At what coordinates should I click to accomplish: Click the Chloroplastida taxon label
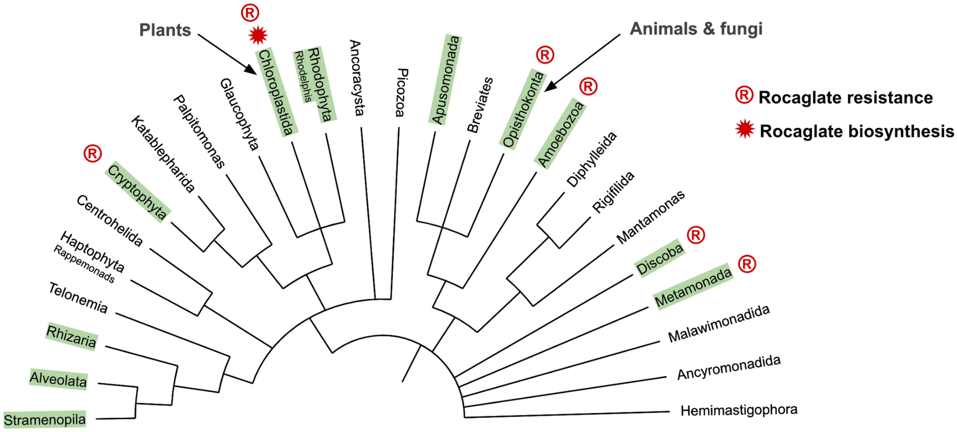(276, 92)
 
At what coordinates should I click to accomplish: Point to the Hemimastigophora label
(738, 410)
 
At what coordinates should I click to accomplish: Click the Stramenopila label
(45, 420)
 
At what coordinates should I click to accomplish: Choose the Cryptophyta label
(137, 192)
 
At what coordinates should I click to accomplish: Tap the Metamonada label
(693, 286)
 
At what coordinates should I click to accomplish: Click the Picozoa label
(401, 92)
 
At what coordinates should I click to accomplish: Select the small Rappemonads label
(84, 264)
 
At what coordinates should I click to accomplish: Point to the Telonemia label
(78, 298)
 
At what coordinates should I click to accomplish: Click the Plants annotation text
(165, 30)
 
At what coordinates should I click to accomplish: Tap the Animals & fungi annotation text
(696, 29)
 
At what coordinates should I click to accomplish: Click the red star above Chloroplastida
(258, 36)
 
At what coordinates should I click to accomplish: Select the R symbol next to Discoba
(696, 235)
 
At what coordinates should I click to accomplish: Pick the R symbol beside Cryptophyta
(93, 153)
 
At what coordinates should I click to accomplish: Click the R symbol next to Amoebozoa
(588, 86)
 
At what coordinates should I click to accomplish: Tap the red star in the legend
(745, 130)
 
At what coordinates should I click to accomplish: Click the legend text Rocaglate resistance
(845, 98)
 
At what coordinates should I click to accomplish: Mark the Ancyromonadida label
(729, 368)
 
